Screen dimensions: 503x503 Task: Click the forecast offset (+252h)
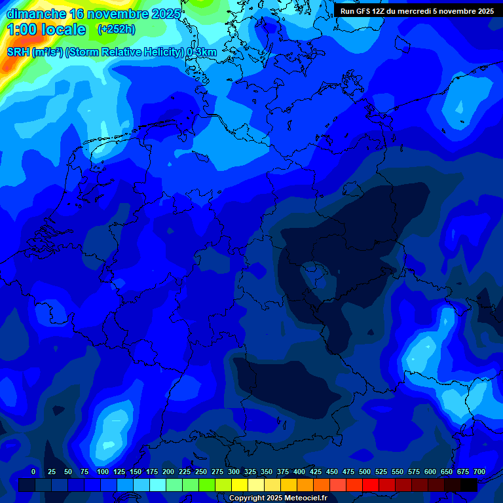click(117, 29)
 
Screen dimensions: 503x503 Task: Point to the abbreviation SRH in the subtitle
click(18, 52)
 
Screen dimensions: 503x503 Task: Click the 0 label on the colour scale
click(33, 472)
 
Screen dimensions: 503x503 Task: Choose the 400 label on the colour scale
click(299, 472)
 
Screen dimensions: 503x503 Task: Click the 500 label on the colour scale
click(365, 472)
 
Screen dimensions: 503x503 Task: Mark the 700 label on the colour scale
click(479, 472)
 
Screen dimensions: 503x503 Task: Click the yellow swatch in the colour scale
click(240, 485)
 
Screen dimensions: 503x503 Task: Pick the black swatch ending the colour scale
click(469, 485)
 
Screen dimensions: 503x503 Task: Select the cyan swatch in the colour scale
click(158, 485)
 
